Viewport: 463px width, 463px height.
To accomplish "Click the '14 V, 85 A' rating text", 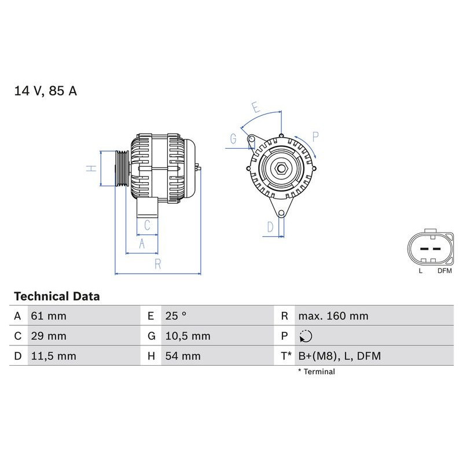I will tap(45, 91).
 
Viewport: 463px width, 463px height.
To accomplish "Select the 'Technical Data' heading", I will tap(57, 296).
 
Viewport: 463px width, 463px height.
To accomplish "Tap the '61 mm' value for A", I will tap(49, 317).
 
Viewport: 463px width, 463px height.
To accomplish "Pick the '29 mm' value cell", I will tap(49, 336).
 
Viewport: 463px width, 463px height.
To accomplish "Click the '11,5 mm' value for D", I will tap(53, 356).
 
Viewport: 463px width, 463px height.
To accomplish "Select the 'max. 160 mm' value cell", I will tap(333, 317).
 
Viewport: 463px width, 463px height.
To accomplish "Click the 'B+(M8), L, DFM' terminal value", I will tap(339, 356).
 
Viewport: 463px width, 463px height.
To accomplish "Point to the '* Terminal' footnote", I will tap(316, 372).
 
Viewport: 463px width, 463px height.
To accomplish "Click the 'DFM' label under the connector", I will tap(444, 270).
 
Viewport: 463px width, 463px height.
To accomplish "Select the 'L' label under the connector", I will tap(421, 270).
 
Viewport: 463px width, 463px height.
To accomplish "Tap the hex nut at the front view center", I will tap(280, 168).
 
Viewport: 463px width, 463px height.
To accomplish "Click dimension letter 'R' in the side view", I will tap(157, 264).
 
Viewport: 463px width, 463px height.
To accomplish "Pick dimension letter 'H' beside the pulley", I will tap(91, 168).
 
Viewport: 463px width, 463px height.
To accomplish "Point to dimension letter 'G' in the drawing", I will tap(233, 138).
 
